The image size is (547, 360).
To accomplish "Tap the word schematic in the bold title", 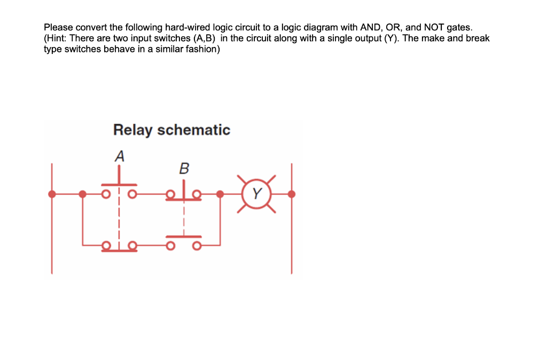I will point(194,130).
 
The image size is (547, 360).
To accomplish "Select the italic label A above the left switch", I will point(120,156).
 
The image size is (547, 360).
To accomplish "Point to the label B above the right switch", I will point(183,169).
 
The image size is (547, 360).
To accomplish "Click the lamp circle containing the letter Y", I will point(256,194).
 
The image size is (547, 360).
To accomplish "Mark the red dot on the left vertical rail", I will point(52,194).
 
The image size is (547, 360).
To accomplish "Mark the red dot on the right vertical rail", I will point(291,194).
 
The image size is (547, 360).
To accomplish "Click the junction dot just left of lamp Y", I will point(220,194).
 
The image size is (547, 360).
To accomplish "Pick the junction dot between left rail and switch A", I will point(83,194).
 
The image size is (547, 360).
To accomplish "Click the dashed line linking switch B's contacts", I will point(183,216).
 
